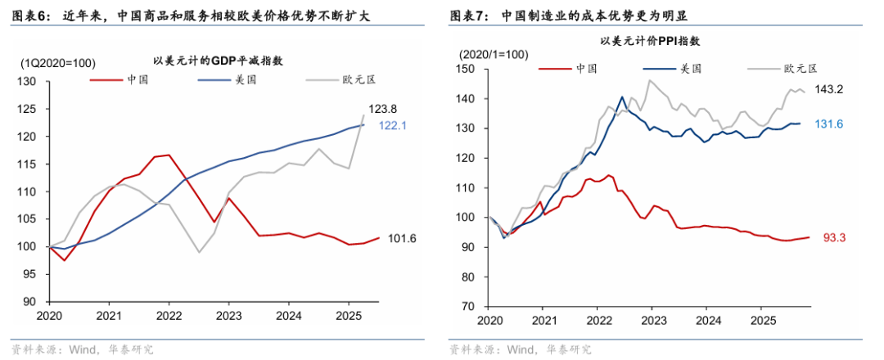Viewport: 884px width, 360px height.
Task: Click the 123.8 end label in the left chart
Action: click(381, 108)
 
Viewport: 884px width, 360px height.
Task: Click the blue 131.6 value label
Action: click(831, 124)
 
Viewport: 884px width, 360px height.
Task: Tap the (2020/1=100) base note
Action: click(494, 54)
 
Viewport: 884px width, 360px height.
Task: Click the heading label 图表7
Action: click(468, 15)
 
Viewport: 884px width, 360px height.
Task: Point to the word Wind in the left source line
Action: click(82, 349)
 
